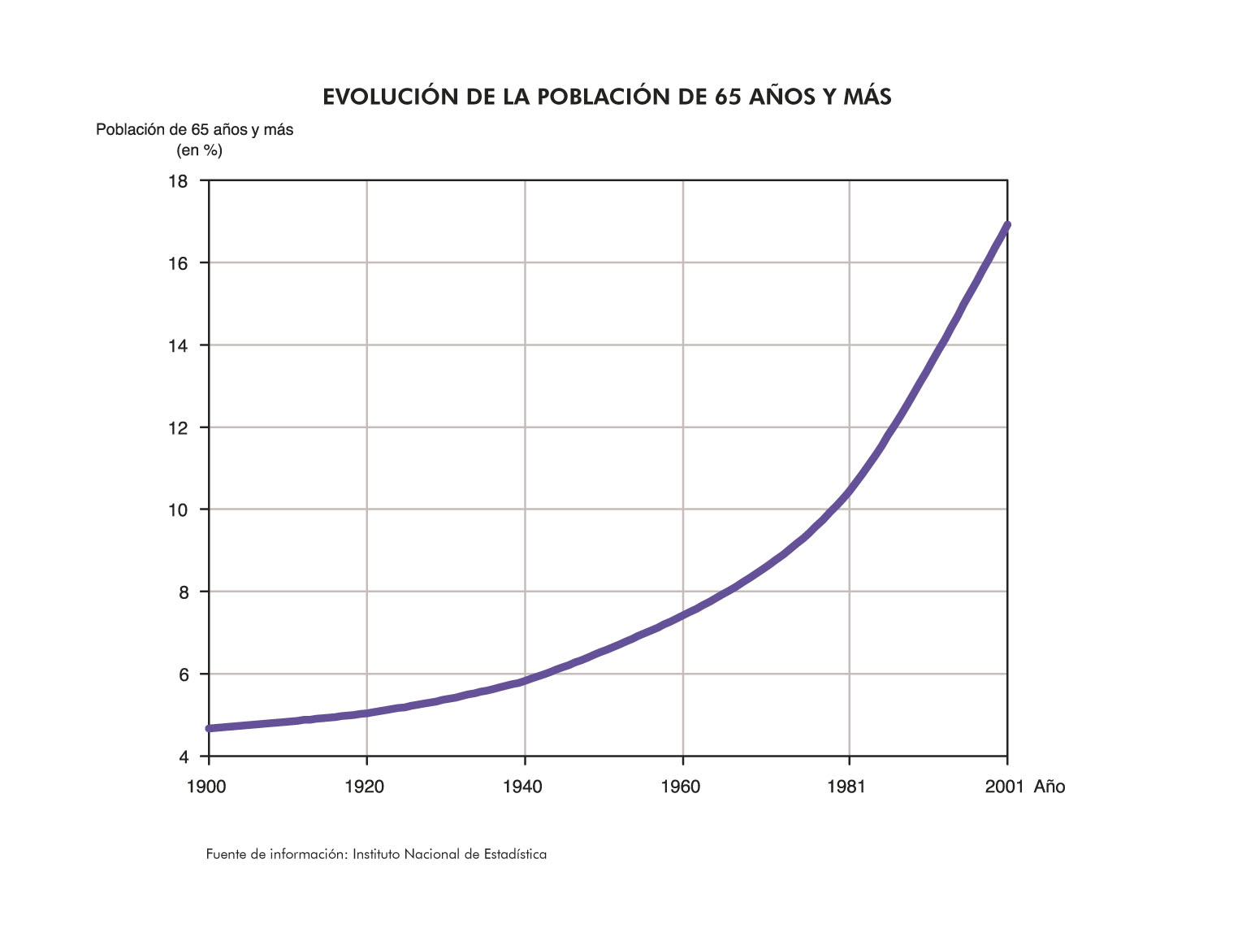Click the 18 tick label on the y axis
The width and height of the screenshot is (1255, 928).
pos(178,181)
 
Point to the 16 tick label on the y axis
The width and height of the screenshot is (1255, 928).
pos(178,263)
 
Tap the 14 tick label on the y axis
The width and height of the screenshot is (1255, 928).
pos(178,345)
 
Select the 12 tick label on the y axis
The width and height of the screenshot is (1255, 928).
pos(178,427)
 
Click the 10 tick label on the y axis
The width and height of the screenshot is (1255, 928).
pos(178,510)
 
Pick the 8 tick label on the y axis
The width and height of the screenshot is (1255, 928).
pos(183,592)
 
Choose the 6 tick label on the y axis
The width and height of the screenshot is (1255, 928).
pos(183,674)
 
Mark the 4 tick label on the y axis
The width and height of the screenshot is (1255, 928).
pos(183,757)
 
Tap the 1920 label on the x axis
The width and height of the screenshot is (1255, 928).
pos(364,787)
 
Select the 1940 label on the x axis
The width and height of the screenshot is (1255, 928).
pos(522,787)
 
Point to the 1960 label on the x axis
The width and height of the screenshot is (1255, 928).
pos(681,787)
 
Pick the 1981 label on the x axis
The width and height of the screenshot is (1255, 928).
pos(847,787)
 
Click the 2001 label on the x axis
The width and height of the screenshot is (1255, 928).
pos(1004,787)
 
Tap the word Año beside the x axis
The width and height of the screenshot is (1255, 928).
pos(1049,787)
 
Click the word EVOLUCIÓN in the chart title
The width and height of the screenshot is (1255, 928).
pos(390,97)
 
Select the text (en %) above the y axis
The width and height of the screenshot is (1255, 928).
pos(199,150)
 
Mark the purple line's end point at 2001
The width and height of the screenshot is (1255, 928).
pos(1007,225)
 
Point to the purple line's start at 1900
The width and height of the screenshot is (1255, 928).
pos(210,728)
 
